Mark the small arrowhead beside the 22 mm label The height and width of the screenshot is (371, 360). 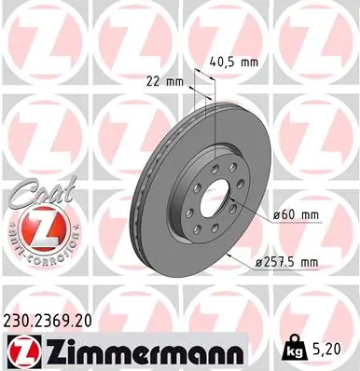[190, 81]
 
